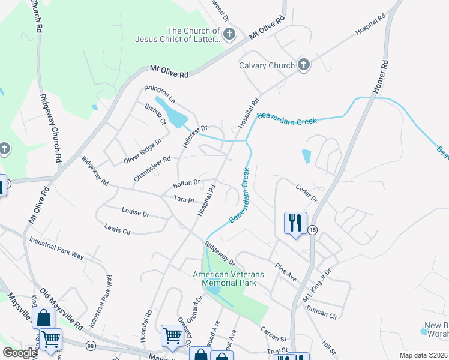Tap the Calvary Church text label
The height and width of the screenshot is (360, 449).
tap(267, 65)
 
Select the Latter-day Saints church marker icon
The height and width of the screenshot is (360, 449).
tap(229, 35)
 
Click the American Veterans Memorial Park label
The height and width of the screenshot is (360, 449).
tap(228, 278)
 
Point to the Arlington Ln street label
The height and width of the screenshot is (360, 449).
tap(160, 94)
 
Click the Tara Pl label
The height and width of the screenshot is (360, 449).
tap(184, 199)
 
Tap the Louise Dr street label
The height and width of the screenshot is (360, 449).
tap(135, 212)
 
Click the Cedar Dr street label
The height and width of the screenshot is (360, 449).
tap(306, 188)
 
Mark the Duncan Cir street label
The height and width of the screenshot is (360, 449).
tap(321, 313)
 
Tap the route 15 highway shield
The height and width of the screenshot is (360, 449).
tap(312, 230)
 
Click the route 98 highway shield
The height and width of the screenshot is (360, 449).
tap(91, 346)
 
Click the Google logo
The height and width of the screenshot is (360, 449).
tap(20, 353)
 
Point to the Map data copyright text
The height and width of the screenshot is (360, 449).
tap(423, 355)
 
